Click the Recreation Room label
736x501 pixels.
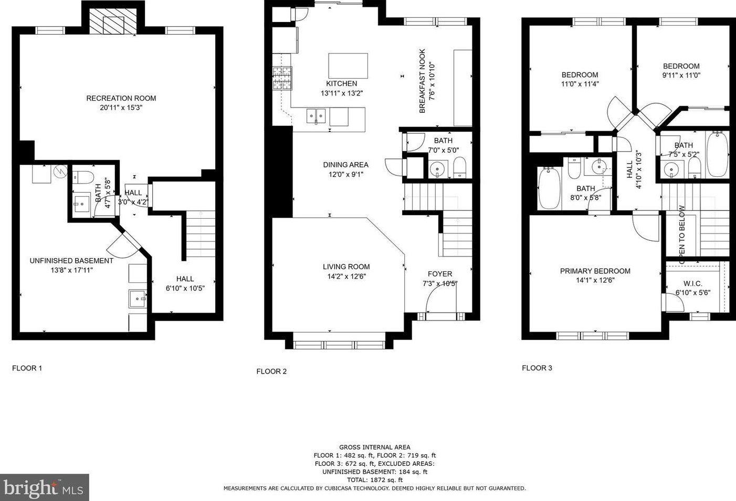pyautogui.click(x=121, y=98)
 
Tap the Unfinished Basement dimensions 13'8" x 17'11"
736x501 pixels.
pyautogui.click(x=71, y=270)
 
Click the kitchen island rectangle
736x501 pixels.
pyautogui.click(x=348, y=66)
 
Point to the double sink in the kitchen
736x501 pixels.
pyautogui.click(x=316, y=116)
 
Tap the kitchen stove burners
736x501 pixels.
pyautogui.click(x=282, y=78)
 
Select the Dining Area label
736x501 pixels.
pyautogui.click(x=345, y=165)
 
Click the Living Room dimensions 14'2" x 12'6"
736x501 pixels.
pyautogui.click(x=346, y=276)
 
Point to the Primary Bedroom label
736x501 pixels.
pyautogui.click(x=595, y=271)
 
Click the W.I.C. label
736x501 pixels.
pyautogui.click(x=693, y=283)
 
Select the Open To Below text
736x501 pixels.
pyautogui.click(x=682, y=234)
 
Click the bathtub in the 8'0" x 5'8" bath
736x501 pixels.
pyautogui.click(x=549, y=188)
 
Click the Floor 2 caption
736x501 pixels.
pyautogui.click(x=271, y=371)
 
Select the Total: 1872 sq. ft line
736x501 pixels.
pyautogui.click(x=375, y=480)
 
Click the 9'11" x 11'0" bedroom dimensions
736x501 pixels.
pyautogui.click(x=681, y=76)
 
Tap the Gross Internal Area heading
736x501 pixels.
pyautogui.click(x=375, y=447)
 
